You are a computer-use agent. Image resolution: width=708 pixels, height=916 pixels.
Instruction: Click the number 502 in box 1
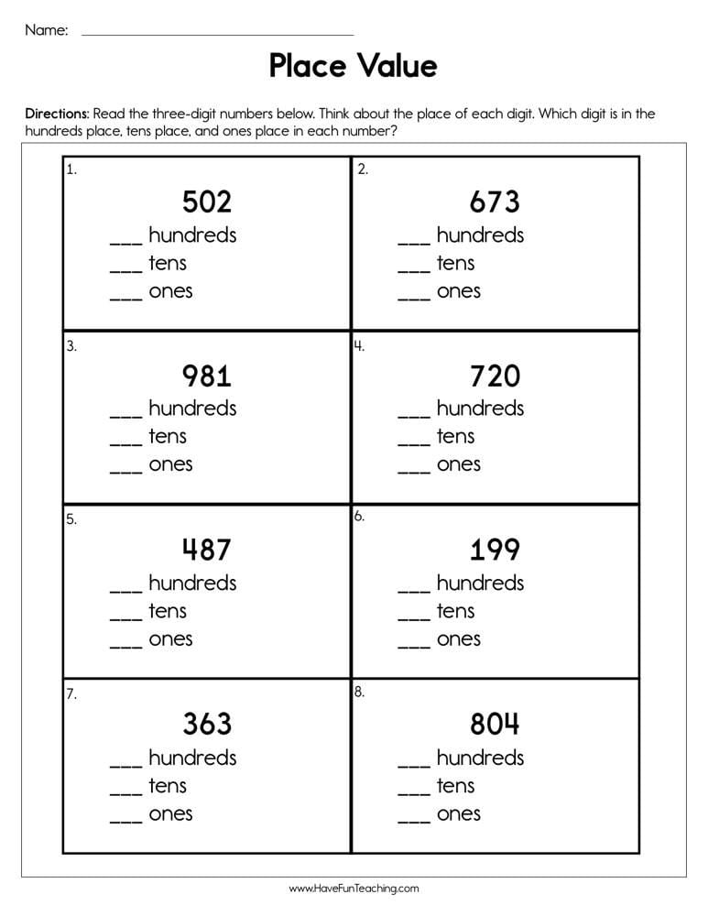206,202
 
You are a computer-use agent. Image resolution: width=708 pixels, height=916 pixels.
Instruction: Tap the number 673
495,202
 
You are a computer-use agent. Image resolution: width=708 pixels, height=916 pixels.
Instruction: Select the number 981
206,376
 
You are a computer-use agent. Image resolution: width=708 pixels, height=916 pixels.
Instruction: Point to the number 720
495,376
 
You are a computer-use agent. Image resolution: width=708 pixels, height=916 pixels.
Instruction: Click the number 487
206,550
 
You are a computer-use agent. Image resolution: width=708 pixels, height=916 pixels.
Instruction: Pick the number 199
495,550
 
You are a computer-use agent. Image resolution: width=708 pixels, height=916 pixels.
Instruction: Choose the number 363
206,725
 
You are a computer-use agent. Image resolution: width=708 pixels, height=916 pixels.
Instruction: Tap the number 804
495,725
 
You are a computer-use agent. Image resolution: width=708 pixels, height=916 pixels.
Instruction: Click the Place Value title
353,66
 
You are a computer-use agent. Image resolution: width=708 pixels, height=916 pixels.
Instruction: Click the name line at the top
217,34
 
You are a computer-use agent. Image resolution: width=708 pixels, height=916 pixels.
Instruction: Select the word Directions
57,114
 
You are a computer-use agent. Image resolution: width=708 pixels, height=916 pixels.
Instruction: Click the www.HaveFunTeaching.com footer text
354,889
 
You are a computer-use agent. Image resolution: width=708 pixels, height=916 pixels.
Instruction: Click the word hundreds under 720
480,408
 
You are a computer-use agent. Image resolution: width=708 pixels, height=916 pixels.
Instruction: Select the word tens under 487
168,611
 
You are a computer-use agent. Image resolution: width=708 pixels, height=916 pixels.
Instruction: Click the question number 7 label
70,694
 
